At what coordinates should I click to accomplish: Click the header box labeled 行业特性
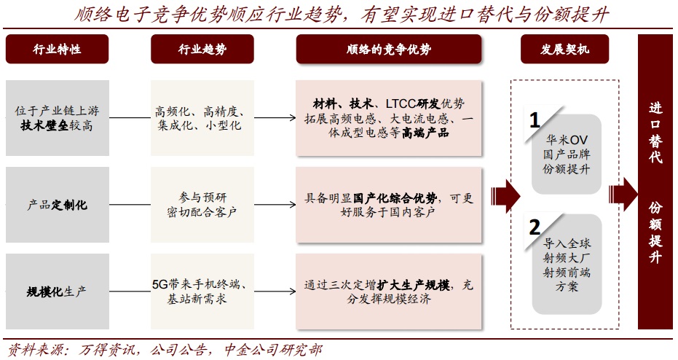pos(57,50)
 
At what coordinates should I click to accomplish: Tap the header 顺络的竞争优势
pos(389,50)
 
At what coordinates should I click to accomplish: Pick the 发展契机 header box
pos(564,50)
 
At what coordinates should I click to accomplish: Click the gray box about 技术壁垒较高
pos(57,118)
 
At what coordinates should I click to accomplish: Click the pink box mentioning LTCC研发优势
pos(389,118)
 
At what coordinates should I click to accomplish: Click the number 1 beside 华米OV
pos(535,120)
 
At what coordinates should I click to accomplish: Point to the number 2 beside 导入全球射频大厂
pos(535,225)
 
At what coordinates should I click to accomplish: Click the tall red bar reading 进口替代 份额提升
pos(655,182)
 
